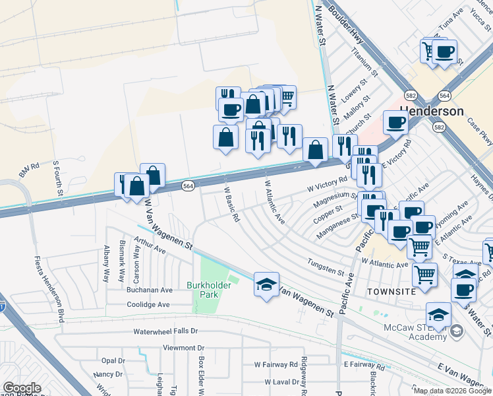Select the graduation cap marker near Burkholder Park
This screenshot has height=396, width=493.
click(x=266, y=284)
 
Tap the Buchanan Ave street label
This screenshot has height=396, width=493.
click(x=149, y=290)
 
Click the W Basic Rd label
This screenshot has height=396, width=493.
click(x=231, y=207)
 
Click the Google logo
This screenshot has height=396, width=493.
click(x=22, y=388)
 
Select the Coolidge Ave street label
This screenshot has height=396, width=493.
click(x=148, y=305)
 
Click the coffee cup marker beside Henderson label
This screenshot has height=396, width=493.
click(x=396, y=122)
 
